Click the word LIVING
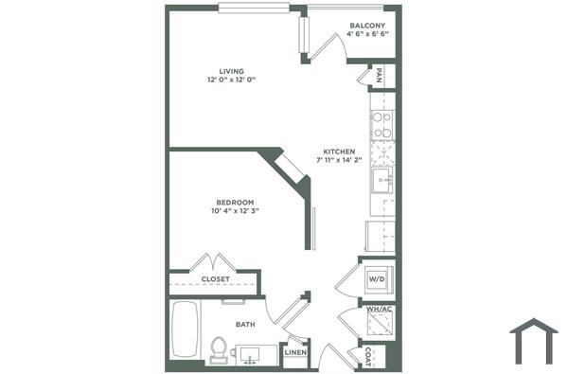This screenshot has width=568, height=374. point(232,71)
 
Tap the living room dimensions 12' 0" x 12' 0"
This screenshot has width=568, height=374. point(232,80)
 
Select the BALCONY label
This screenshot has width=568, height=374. point(367,25)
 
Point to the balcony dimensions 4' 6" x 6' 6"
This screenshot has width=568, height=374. point(367,34)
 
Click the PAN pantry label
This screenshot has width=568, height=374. point(379,75)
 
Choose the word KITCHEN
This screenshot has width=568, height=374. point(339,151)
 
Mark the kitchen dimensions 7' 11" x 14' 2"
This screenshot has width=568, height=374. point(339,161)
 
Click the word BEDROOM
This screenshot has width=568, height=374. point(235,202)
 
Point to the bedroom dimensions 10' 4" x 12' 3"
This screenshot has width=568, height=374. point(235,211)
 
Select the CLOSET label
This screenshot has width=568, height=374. point(216,279)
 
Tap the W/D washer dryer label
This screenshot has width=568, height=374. point(376,279)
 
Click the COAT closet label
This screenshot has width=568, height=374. point(367,356)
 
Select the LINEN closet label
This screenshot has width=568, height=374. point(294,355)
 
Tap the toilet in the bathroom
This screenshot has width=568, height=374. point(219,350)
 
